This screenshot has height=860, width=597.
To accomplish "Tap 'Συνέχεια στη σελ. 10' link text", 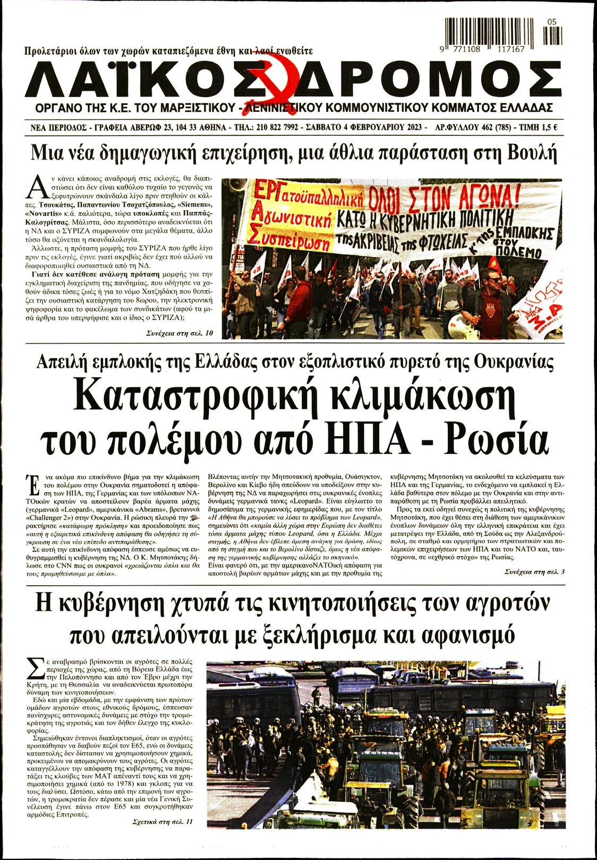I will [x=180, y=333].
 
